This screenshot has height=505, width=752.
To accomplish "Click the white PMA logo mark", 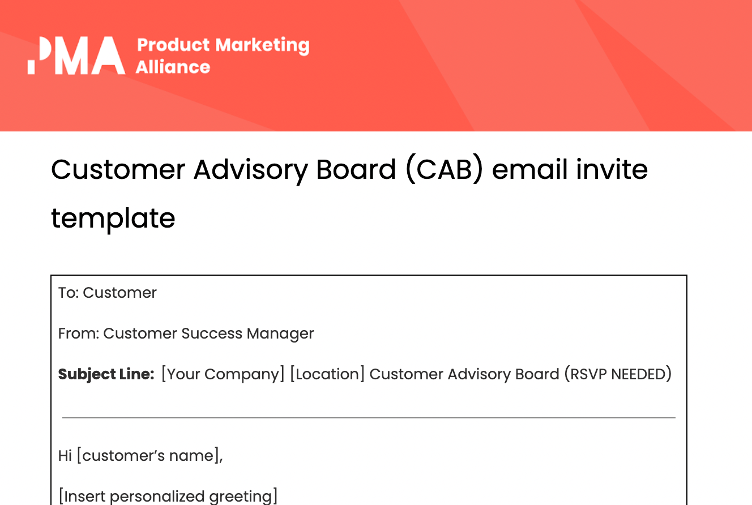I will coord(76,55).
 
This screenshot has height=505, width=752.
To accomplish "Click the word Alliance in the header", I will coord(173,67).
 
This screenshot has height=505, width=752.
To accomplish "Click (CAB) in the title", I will coord(445,169).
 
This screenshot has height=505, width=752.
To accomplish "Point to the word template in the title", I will coord(113,218).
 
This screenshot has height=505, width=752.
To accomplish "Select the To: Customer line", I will coord(107,293).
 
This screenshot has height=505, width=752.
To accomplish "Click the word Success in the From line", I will coord(212,333).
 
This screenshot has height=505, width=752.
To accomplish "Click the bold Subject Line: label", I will coord(106,374).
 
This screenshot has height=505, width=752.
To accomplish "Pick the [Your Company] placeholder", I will coord(223,374).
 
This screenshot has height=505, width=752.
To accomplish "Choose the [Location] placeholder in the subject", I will coord(327,374).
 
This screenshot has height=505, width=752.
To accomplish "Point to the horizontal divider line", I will coord(369,418).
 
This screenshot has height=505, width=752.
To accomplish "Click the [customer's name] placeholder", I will coord(149,456).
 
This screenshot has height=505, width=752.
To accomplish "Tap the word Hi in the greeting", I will coord(65,456).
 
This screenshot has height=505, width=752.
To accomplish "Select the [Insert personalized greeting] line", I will coord(168,496).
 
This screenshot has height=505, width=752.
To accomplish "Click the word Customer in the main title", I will coord(118,169).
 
